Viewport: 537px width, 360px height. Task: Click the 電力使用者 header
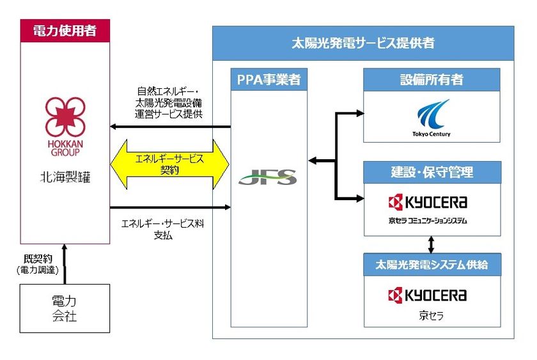tap(65, 30)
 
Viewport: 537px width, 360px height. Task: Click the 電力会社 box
tap(64, 308)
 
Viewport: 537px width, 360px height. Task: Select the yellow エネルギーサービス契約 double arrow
tap(170, 163)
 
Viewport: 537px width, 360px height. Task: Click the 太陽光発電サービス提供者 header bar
tap(362, 43)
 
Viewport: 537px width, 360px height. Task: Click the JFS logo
tap(267, 177)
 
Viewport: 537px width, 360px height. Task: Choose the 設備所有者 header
tap(432, 80)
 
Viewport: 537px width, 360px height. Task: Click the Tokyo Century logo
tap(432, 118)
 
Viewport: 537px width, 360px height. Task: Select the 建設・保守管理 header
tap(432, 172)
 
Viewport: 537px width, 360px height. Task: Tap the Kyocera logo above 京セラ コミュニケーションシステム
tap(428, 203)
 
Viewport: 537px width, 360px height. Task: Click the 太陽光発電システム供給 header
tap(432, 263)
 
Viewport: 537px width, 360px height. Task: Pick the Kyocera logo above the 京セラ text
tap(428, 295)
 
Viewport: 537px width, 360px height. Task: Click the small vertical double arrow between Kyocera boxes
tap(432, 244)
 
